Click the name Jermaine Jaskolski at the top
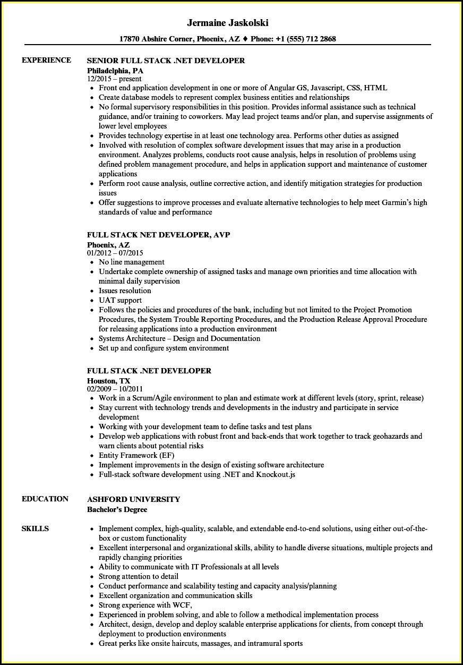coord(228,23)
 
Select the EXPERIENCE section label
coord(46,60)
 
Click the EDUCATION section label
coord(45,499)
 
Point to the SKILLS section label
coord(35,528)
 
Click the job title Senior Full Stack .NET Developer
coord(166,61)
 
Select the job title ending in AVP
coord(158,235)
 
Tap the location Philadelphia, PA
coord(115,70)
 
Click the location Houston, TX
coord(109,381)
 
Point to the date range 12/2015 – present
coord(114,79)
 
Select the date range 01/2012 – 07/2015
coord(115,253)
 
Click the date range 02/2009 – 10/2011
coord(115,389)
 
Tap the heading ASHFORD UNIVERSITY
coord(133,499)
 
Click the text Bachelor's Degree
coord(117,509)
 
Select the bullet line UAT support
coord(120,300)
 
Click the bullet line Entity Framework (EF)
coord(136,455)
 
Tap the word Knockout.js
coord(276,474)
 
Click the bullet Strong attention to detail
coord(139,576)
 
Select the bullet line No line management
coord(132,262)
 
